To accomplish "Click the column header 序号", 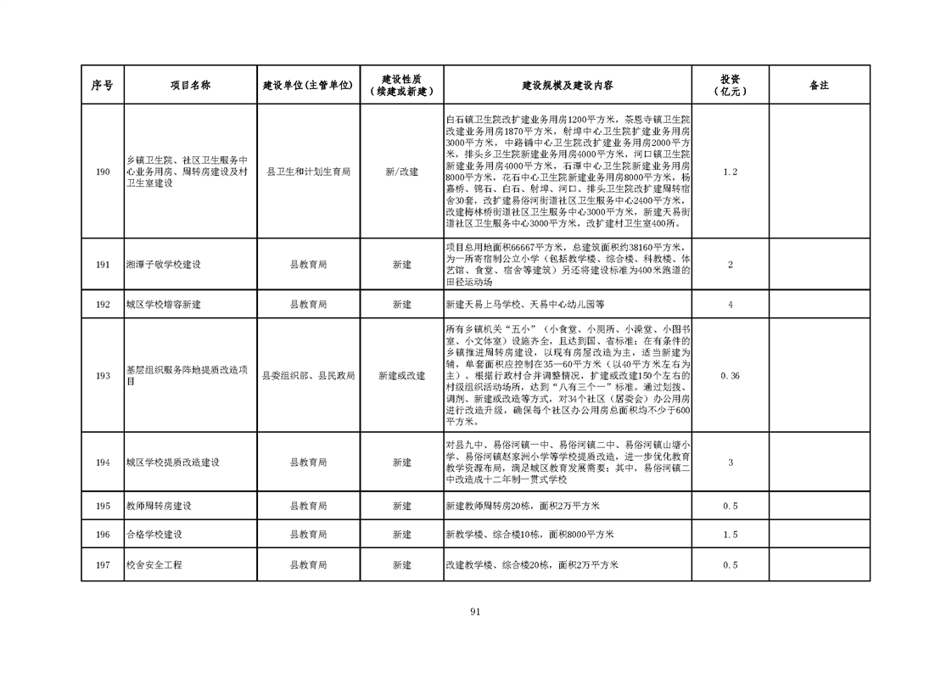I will pos(103,86).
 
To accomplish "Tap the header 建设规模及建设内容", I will pos(568,86).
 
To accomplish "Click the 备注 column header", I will pos(819,86).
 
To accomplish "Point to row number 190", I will pos(103,172).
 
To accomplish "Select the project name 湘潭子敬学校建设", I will pos(163,265).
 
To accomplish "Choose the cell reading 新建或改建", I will pos(401,375).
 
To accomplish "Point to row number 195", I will pos(103,506).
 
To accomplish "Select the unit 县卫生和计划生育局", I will pos(308,172).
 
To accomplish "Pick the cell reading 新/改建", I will pos(401,172).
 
